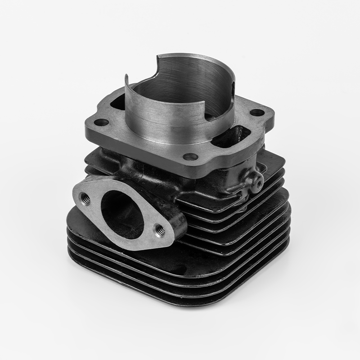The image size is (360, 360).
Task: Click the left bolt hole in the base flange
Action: point(102,122)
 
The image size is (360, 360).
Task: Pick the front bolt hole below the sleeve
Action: point(191,157)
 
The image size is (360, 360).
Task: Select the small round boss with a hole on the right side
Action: point(258,181)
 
